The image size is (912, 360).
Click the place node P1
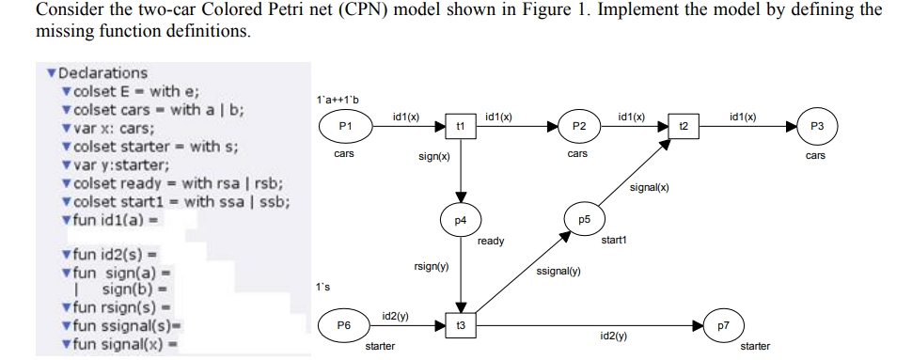344,126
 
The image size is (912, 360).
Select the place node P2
579,126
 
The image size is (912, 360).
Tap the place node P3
816,126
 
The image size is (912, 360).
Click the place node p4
460,220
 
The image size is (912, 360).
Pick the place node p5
583,219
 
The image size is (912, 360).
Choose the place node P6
344,325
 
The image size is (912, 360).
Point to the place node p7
723,325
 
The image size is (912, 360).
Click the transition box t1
461,126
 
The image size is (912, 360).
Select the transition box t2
684,126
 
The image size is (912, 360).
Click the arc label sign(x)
433,157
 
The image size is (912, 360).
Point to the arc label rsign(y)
431,268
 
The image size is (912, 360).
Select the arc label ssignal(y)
558,272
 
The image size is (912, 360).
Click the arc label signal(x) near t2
650,187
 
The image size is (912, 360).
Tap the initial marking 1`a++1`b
338,99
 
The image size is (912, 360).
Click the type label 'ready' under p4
490,242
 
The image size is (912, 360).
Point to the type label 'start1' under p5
613,241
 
